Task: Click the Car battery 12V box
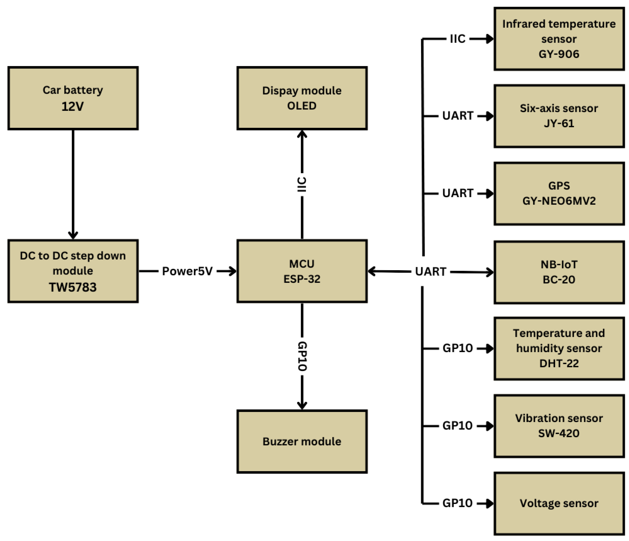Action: pyautogui.click(x=73, y=98)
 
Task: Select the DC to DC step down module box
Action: pyautogui.click(x=73, y=271)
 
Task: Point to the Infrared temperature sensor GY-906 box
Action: pyautogui.click(x=559, y=39)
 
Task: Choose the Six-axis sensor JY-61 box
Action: pyautogui.click(x=559, y=116)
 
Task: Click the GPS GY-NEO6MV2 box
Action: pyautogui.click(x=559, y=194)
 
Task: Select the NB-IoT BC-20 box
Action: pyautogui.click(x=559, y=272)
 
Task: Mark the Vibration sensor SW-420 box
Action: pyautogui.click(x=559, y=426)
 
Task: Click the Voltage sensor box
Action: pyautogui.click(x=559, y=503)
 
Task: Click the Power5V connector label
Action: pyautogui.click(x=187, y=271)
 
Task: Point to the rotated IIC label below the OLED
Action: pyautogui.click(x=302, y=185)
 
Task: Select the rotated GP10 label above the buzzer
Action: pyautogui.click(x=302, y=356)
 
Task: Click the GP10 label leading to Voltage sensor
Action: pyautogui.click(x=457, y=503)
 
